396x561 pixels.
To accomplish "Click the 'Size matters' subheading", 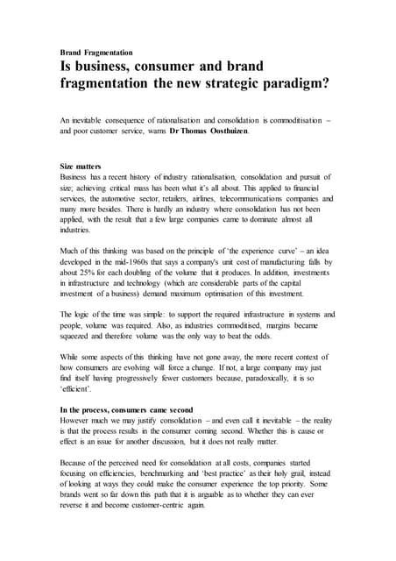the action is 81,166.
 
